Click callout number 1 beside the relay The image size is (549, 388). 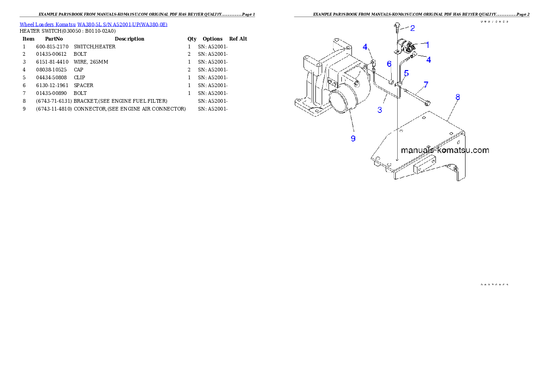pyautogui.click(x=427, y=45)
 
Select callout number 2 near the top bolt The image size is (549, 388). pyautogui.click(x=412, y=28)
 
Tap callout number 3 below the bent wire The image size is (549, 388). pyautogui.click(x=380, y=110)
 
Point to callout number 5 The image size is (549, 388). pyautogui.click(x=406, y=73)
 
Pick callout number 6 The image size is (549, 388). pyautogui.click(x=389, y=64)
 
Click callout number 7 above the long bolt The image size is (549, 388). pyautogui.click(x=425, y=85)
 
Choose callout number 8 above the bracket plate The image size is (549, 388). pyautogui.click(x=457, y=97)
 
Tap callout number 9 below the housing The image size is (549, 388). pyautogui.click(x=353, y=138)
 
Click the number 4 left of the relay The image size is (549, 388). pyautogui.click(x=365, y=47)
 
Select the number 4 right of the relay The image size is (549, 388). pyautogui.click(x=429, y=59)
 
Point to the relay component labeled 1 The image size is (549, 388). pyautogui.click(x=406, y=46)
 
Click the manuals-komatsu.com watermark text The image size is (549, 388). pyautogui.click(x=445, y=150)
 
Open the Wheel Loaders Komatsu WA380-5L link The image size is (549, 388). pyautogui.click(x=93, y=24)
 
